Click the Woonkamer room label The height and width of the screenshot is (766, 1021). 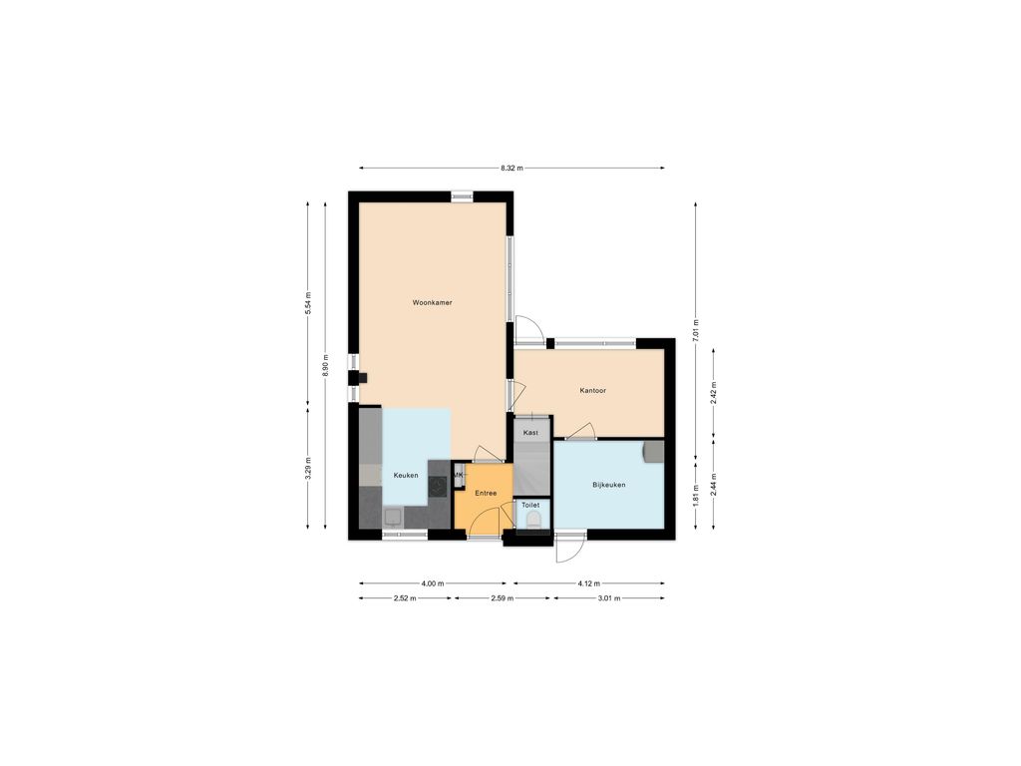pyautogui.click(x=432, y=302)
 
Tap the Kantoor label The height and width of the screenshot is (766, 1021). pyautogui.click(x=592, y=391)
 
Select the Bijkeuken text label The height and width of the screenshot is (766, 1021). pyautogui.click(x=609, y=485)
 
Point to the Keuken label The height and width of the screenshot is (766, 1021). pyautogui.click(x=406, y=476)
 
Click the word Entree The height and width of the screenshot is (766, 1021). pyautogui.click(x=486, y=493)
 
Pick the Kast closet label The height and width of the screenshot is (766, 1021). pyautogui.click(x=530, y=433)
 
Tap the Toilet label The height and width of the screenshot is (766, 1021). pyautogui.click(x=530, y=505)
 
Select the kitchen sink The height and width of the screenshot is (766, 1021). pyautogui.click(x=393, y=518)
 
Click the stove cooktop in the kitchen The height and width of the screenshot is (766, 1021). pyautogui.click(x=439, y=486)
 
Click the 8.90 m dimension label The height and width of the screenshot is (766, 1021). pyautogui.click(x=325, y=365)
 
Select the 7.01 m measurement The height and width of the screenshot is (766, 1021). pyautogui.click(x=695, y=331)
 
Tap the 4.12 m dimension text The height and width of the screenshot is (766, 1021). pyautogui.click(x=588, y=583)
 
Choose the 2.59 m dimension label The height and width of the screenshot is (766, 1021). pyautogui.click(x=503, y=598)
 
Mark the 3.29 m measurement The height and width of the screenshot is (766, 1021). pyautogui.click(x=308, y=469)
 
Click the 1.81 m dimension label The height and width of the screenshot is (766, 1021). pyautogui.click(x=695, y=497)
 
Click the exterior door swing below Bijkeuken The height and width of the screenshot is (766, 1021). pyautogui.click(x=567, y=549)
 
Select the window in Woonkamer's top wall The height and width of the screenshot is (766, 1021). pyautogui.click(x=463, y=196)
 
